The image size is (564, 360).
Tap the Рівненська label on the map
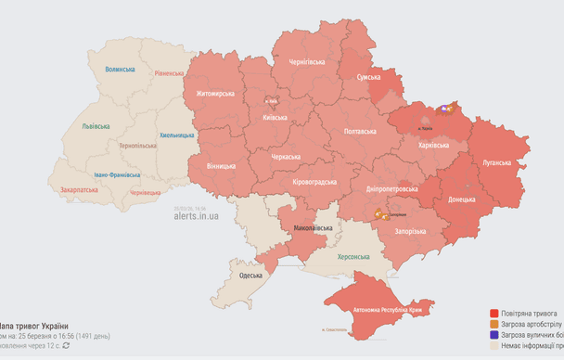pos(170,72)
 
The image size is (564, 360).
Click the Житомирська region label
pos(215,94)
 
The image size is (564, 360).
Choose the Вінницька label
pos(221,165)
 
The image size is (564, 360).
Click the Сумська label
pos(374,77)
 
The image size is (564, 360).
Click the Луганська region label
pos(496,162)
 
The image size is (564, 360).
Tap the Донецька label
pos(462,199)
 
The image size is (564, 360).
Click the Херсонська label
pos(353,256)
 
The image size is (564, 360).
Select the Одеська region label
pos(250,276)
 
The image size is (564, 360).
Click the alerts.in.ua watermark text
pos(196,215)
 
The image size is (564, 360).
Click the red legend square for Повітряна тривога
pos(494,314)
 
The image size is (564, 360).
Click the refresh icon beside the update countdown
pos(66,345)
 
